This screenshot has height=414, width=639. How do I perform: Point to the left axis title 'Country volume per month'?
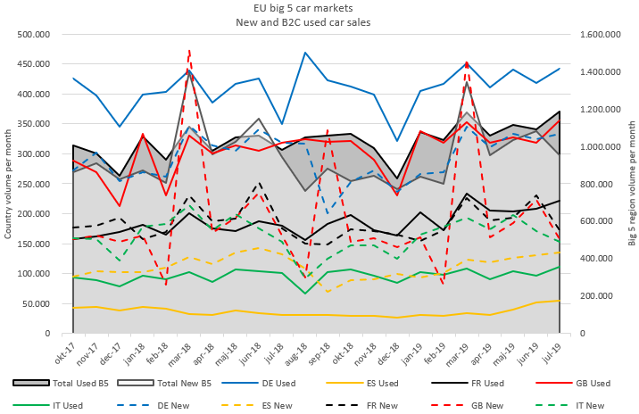8,184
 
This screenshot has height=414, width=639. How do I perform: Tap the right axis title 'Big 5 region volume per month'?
631,184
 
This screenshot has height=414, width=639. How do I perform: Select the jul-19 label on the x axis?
560,350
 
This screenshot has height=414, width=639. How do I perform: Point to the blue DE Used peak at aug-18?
305,53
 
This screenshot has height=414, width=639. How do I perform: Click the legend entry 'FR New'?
431,404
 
